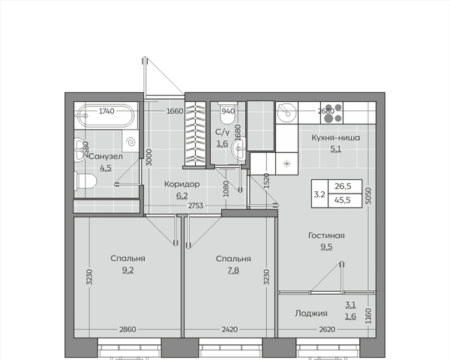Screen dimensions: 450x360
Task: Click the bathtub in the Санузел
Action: [106, 115]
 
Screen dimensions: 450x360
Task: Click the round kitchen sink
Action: [286, 112]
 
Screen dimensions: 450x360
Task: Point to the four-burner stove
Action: [331, 112]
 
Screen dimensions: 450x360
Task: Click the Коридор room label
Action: [182, 184]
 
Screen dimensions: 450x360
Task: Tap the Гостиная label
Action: [326, 235]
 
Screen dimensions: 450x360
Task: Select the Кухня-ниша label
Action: [336, 137]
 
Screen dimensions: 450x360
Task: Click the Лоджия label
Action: [311, 313]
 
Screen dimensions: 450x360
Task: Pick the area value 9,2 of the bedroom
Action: [127, 271]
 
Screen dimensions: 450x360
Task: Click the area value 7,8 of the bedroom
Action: [233, 271]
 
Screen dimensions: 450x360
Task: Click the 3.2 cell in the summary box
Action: [319, 193]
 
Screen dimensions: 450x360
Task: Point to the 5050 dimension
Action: [369, 196]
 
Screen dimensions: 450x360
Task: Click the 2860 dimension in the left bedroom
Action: [127, 329]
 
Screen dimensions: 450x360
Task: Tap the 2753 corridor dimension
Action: [196, 205]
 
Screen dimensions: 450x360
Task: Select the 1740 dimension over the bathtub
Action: [106, 111]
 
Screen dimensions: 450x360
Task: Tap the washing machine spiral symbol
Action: [130, 141]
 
